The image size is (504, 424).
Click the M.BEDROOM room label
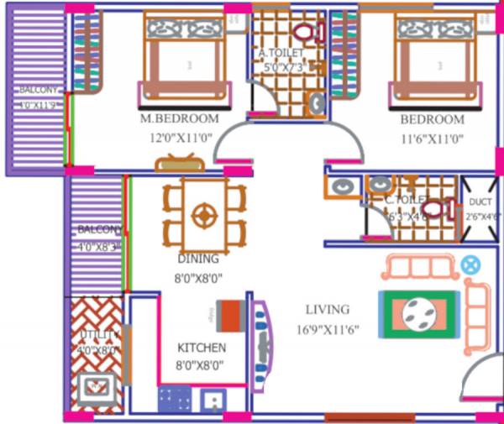(179, 119)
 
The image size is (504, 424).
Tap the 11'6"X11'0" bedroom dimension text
(432, 138)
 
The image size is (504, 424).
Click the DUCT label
(480, 202)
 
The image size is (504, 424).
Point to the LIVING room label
(328, 310)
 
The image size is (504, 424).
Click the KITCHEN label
(202, 348)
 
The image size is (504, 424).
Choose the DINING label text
(198, 259)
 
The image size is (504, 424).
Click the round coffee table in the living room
(418, 314)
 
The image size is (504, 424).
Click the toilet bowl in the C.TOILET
(436, 208)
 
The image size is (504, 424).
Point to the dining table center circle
(204, 214)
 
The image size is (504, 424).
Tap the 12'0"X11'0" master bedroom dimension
(179, 138)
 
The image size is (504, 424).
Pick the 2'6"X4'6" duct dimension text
(480, 216)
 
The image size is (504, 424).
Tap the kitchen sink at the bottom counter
(213, 399)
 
